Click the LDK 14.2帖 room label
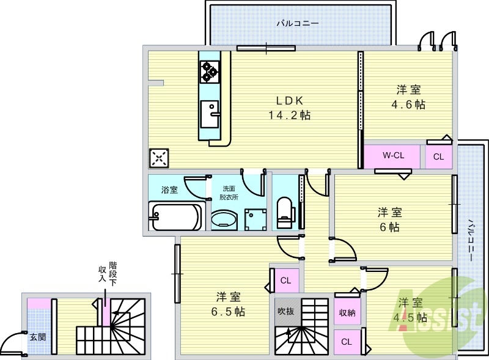pyautogui.click(x=287, y=108)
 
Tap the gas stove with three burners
pyautogui.click(x=210, y=72)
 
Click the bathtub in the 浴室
pyautogui.click(x=176, y=216)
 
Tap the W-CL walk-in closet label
pyautogui.click(x=392, y=156)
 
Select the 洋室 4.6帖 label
pyautogui.click(x=408, y=97)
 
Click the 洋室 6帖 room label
pyautogui.click(x=389, y=219)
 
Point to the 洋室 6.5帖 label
pyautogui.click(x=230, y=304)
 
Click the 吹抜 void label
pyautogui.click(x=285, y=310)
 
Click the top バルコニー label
pyautogui.click(x=297, y=24)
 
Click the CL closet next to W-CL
pyautogui.click(x=438, y=156)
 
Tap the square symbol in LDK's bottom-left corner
pyautogui.click(x=158, y=158)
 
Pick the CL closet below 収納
pyautogui.click(x=347, y=341)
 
